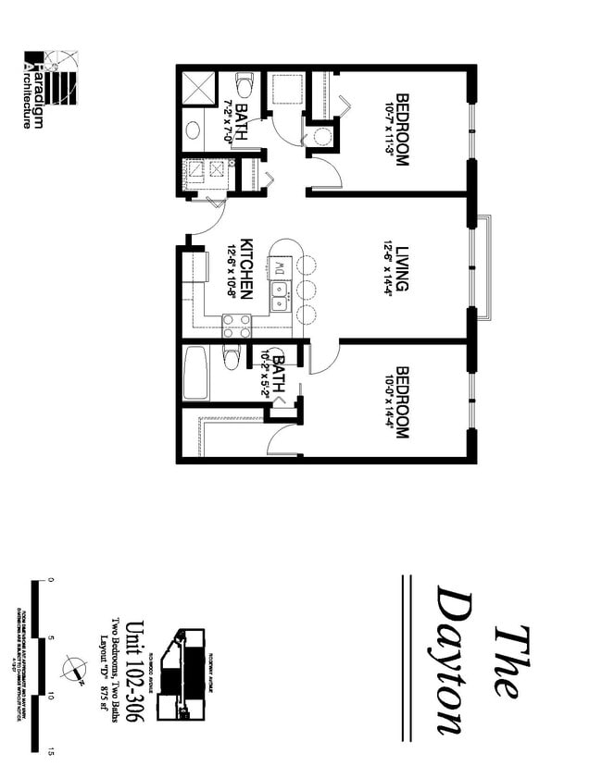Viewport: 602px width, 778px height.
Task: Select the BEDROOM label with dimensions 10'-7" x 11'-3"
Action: click(x=402, y=129)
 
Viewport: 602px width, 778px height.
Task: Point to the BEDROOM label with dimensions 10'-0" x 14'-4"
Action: click(x=402, y=401)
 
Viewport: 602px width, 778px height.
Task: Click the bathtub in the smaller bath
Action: click(x=195, y=372)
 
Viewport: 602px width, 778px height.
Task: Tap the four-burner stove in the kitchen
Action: click(x=236, y=326)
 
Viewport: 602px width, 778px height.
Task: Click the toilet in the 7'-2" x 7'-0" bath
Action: click(x=244, y=85)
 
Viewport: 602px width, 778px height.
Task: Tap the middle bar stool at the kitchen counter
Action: click(x=307, y=290)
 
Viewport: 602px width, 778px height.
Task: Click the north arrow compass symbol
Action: click(x=71, y=666)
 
